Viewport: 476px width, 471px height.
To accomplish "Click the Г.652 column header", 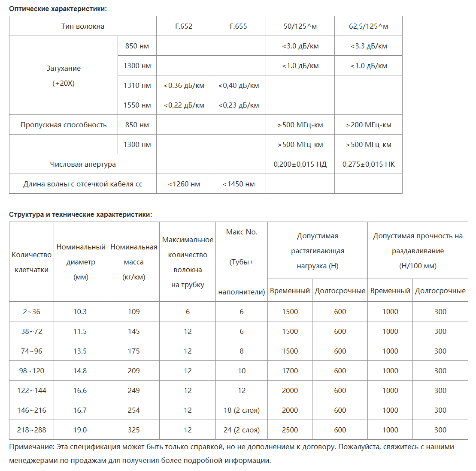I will (184, 26).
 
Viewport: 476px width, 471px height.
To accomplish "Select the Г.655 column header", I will (238, 26).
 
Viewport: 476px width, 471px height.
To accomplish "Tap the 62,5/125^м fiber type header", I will (368, 26).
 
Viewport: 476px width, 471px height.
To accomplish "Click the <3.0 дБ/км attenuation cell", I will (300, 46).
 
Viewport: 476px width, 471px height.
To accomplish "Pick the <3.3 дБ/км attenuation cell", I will (368, 46).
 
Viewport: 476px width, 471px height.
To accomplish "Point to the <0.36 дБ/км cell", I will (184, 85).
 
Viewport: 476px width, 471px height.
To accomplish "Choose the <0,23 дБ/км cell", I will (238, 105).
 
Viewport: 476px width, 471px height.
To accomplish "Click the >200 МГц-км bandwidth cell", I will (368, 125).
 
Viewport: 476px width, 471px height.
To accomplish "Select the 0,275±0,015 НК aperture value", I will (368, 164).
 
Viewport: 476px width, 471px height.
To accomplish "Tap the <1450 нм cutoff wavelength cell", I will (238, 184).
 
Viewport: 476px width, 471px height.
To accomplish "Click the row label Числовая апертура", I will (83, 164).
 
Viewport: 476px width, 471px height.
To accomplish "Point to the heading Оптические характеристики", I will (58, 9).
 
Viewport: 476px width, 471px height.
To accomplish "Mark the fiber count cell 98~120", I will (31, 371).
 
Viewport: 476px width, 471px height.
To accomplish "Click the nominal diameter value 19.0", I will (80, 430).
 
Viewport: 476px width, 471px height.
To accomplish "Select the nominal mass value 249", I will (133, 390).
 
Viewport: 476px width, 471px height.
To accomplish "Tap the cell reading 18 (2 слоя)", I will (241, 410).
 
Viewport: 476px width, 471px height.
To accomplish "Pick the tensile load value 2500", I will (290, 430).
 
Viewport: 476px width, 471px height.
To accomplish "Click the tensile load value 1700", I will (290, 371).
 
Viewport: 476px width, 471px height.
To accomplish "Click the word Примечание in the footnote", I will (31, 447).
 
